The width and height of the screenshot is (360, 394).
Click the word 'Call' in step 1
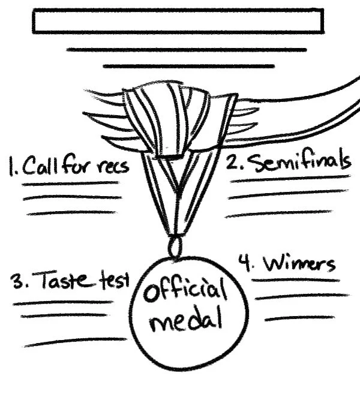click(40, 166)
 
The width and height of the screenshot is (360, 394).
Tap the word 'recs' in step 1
click(112, 166)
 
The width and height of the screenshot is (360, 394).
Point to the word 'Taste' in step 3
click(65, 280)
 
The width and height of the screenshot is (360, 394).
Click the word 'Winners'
click(300, 264)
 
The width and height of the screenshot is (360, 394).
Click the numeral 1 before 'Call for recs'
click(11, 166)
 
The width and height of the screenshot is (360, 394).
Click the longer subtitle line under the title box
click(187, 50)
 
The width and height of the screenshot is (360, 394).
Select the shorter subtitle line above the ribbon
click(188, 66)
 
